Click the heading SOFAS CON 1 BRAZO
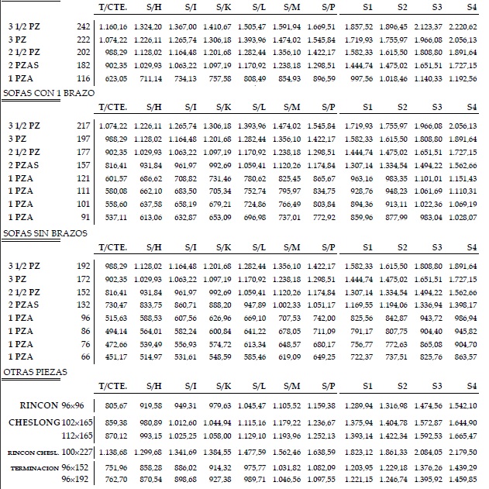(48, 92)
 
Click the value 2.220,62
(462, 26)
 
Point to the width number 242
(84, 26)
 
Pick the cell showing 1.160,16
(113, 26)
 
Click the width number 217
(84, 125)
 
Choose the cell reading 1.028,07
(462, 218)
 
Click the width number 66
(86, 357)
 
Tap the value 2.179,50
(462, 451)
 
